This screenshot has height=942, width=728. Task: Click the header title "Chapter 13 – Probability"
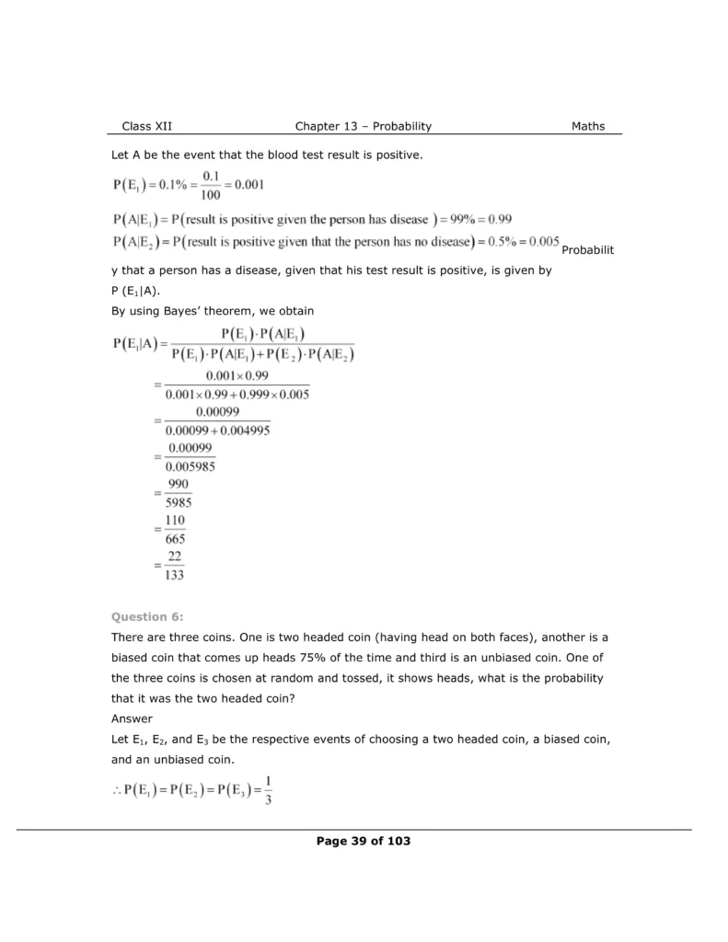click(364, 126)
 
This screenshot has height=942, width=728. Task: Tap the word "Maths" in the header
click(588, 126)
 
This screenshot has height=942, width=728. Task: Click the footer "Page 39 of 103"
click(364, 841)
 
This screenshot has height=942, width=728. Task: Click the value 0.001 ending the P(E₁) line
click(248, 184)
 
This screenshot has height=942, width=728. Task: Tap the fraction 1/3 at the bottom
click(264, 791)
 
